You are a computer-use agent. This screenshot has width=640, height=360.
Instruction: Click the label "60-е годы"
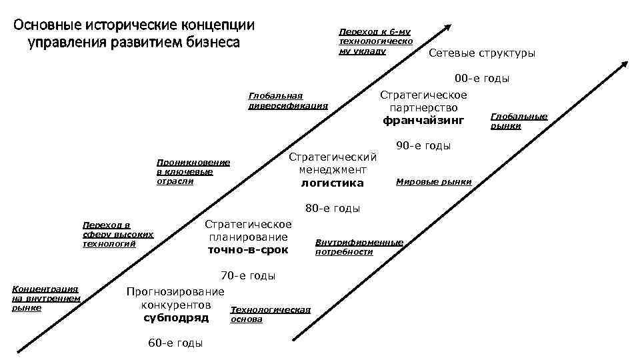pyautogui.click(x=175, y=343)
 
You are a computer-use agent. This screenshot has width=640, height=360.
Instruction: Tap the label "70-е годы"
pyautogui.click(x=247, y=276)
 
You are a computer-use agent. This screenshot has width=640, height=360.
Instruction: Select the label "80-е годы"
pyautogui.click(x=333, y=209)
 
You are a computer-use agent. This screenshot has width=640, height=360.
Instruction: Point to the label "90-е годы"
pyautogui.click(x=423, y=146)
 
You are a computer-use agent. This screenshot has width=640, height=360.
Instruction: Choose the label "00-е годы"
pyautogui.click(x=482, y=79)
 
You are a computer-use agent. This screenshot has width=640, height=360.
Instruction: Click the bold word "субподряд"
pyautogui.click(x=176, y=317)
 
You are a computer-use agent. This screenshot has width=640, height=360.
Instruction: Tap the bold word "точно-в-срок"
pyautogui.click(x=248, y=250)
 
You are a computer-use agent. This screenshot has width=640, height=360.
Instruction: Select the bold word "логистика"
pyautogui.click(x=333, y=183)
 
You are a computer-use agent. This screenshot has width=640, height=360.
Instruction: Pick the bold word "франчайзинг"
pyautogui.click(x=423, y=121)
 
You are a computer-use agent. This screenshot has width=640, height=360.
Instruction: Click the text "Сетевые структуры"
pyautogui.click(x=481, y=53)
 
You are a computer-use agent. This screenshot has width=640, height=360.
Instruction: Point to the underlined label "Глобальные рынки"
pyautogui.click(x=519, y=121)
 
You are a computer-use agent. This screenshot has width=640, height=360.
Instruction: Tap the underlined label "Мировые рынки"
pyautogui.click(x=433, y=182)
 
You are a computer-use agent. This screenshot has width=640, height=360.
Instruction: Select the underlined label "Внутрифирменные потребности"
pyautogui.click(x=359, y=247)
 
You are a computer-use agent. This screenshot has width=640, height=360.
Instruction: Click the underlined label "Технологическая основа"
pyautogui.click(x=270, y=314)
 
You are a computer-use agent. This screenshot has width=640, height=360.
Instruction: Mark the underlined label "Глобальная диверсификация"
pyautogui.click(x=287, y=100)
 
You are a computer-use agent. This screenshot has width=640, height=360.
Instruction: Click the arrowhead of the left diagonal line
pyautogui.click(x=447, y=27)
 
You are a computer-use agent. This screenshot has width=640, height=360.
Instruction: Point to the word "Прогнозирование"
pyautogui.click(x=175, y=292)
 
